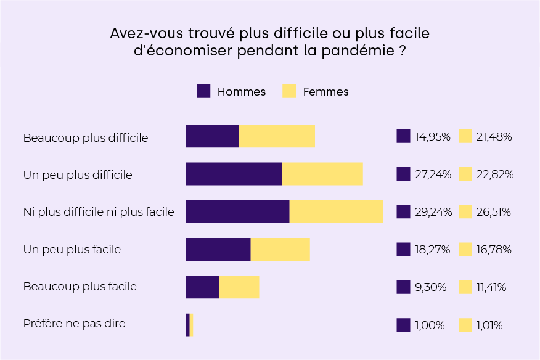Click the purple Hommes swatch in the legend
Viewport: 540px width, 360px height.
[x=203, y=91]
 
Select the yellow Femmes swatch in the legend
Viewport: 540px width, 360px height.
[x=288, y=91]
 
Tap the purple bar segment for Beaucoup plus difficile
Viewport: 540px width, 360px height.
[x=212, y=136]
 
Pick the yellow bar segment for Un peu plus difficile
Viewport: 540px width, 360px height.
[x=322, y=174]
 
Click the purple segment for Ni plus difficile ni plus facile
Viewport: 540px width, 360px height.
[x=237, y=211]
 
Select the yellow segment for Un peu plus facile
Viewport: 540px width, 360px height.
[x=280, y=249]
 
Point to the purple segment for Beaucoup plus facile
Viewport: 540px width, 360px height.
[x=202, y=287]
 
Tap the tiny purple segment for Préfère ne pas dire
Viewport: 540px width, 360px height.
[x=187, y=325]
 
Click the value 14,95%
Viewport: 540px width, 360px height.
[x=432, y=137]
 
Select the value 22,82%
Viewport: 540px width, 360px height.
[x=495, y=174]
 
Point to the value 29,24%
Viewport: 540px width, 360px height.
[x=433, y=212]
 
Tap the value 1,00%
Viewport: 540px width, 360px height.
[x=430, y=325]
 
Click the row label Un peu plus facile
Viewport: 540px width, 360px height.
[x=72, y=250]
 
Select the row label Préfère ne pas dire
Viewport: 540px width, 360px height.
[x=74, y=324]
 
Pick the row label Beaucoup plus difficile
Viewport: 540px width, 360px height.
[x=86, y=137]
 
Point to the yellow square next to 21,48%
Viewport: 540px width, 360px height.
[x=465, y=136]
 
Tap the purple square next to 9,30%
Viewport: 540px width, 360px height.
[x=403, y=287]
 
